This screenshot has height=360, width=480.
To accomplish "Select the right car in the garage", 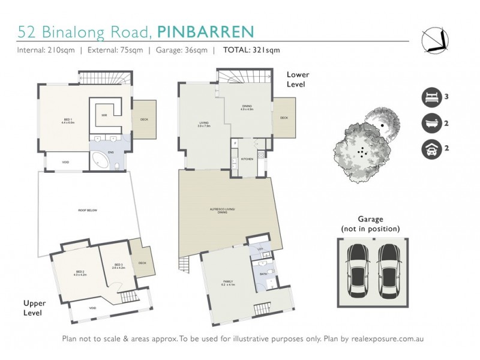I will pos(389,267).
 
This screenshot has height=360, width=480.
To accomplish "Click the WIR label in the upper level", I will pos(104,115).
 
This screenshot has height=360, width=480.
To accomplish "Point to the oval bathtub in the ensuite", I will pos(100,160).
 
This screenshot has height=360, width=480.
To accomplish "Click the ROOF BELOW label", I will pos(88,211).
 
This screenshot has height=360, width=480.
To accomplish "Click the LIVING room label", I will pos(203,125).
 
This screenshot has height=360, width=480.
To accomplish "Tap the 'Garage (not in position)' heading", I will pos(370,224).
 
